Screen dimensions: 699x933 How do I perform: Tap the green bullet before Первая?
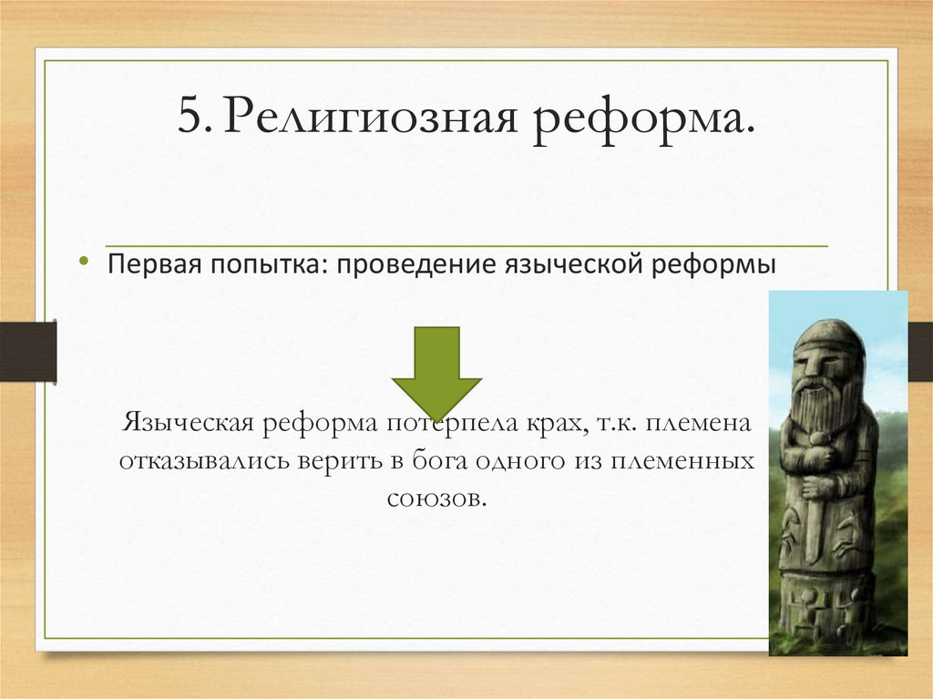tap(84, 262)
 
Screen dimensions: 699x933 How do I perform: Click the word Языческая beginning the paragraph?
tap(187, 425)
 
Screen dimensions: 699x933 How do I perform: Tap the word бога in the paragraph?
tap(438, 460)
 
